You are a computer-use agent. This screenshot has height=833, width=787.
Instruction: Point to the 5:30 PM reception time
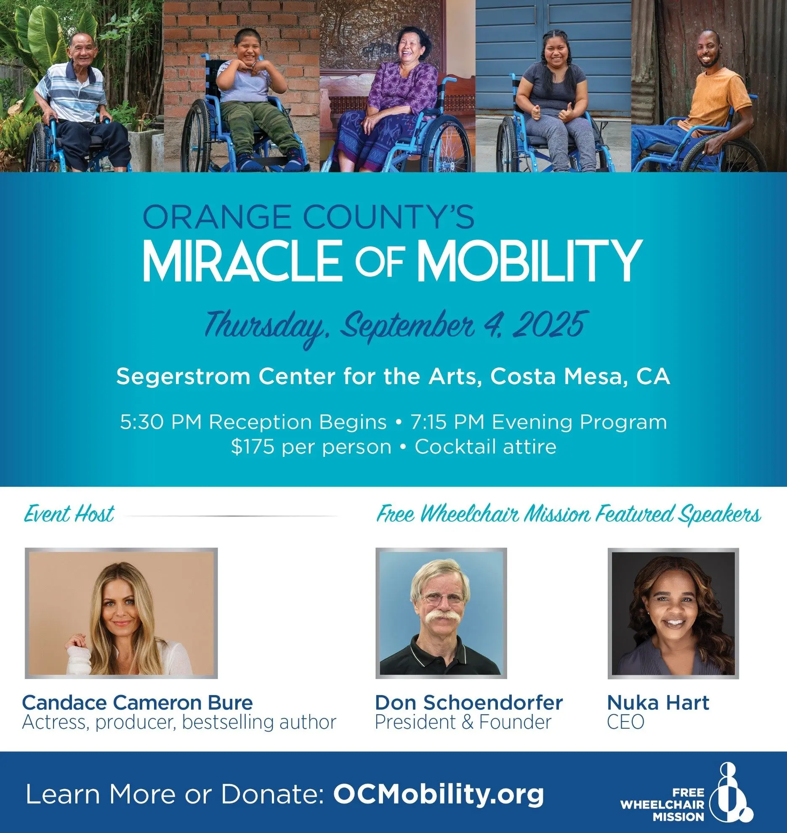[x=161, y=422]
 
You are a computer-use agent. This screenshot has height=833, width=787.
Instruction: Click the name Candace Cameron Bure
[x=137, y=703]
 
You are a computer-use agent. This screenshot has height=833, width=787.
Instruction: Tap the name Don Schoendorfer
[x=469, y=703]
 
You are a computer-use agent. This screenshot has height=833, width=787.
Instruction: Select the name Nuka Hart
[x=658, y=703]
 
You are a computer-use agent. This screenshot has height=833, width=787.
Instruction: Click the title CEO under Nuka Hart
[x=625, y=722]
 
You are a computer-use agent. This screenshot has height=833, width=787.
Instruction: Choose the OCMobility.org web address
[x=439, y=794]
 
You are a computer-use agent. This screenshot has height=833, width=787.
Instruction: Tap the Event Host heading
[x=69, y=514]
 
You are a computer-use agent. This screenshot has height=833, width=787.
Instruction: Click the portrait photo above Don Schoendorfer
[x=441, y=613]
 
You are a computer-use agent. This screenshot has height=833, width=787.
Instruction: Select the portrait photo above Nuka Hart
[x=673, y=613]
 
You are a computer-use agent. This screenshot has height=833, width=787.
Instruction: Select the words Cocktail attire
[x=485, y=447]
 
